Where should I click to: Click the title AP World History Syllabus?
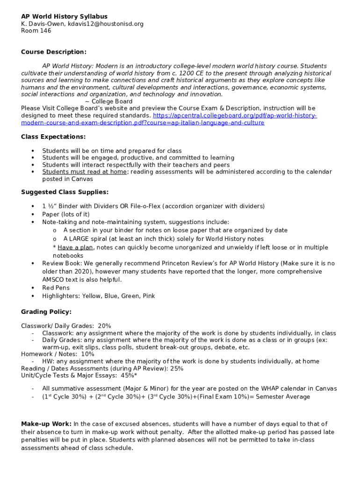[64, 16]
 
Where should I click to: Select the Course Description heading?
[54, 52]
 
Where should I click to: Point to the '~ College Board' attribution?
[108, 102]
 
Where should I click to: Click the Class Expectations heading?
[53, 137]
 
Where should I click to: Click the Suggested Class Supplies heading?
[65, 192]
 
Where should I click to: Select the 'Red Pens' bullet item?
[56, 288]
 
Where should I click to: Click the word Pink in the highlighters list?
[148, 296]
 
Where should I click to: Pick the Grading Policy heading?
[46, 312]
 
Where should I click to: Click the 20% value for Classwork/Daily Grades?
[105, 326]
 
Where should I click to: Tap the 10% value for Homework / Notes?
[87, 354]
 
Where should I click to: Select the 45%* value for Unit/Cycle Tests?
[129, 375]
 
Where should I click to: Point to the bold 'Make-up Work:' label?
[46, 424]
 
